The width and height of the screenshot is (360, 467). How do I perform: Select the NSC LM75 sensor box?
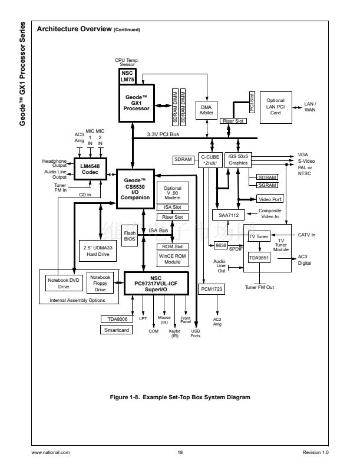point(128,77)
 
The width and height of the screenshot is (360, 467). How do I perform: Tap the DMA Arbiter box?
point(206,110)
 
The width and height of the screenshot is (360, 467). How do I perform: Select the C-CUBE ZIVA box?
point(210,160)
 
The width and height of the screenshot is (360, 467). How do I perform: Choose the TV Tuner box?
point(258,236)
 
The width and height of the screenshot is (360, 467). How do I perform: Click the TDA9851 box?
point(258,258)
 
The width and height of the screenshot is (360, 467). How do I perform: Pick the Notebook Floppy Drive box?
point(100,283)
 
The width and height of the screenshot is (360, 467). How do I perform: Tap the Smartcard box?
point(117,330)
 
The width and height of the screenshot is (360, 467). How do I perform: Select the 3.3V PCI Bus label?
point(163,135)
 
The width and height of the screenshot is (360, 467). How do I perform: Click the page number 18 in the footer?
point(180,452)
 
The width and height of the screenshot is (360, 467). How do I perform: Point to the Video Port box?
point(270,199)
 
